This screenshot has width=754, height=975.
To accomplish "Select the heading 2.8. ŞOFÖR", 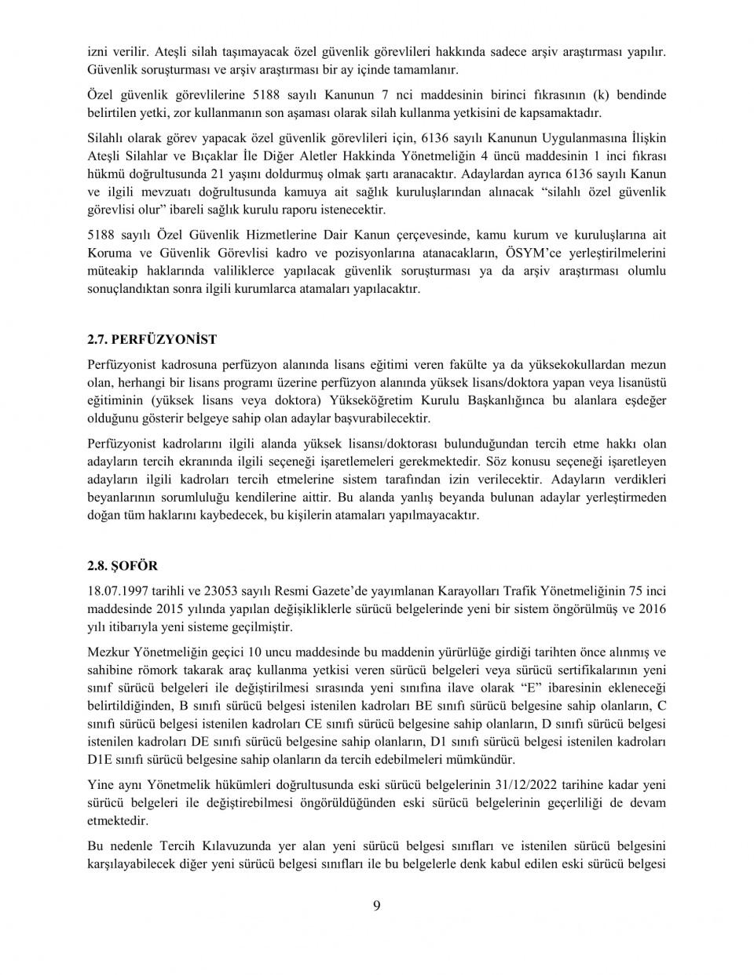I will [x=123, y=566].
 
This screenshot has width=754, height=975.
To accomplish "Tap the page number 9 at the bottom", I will [x=377, y=906].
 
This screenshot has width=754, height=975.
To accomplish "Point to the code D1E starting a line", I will [x=102, y=759].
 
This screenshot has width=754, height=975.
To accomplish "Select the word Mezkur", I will [x=109, y=652].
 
